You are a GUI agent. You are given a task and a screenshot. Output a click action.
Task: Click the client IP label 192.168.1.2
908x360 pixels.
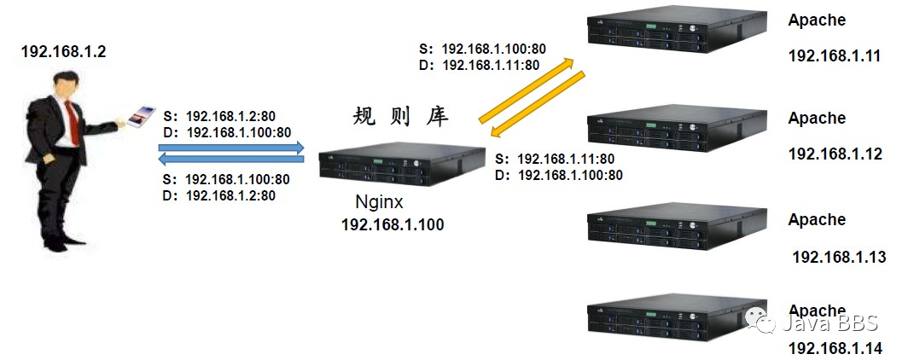(64, 52)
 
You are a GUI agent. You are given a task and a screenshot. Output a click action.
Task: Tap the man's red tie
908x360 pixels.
(73, 125)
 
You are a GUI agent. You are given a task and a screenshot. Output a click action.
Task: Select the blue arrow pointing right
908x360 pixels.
(231, 147)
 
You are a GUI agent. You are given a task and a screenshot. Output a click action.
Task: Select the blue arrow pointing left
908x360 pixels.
(231, 158)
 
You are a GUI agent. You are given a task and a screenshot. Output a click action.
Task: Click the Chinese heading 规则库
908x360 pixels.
(400, 117)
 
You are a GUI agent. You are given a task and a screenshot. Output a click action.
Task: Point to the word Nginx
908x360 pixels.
(378, 204)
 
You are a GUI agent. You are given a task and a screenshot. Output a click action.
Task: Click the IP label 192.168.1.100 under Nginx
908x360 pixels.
(393, 224)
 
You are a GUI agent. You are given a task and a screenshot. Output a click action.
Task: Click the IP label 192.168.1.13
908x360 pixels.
(839, 257)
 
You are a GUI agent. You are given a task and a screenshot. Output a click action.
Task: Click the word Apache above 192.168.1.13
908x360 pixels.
(817, 219)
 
